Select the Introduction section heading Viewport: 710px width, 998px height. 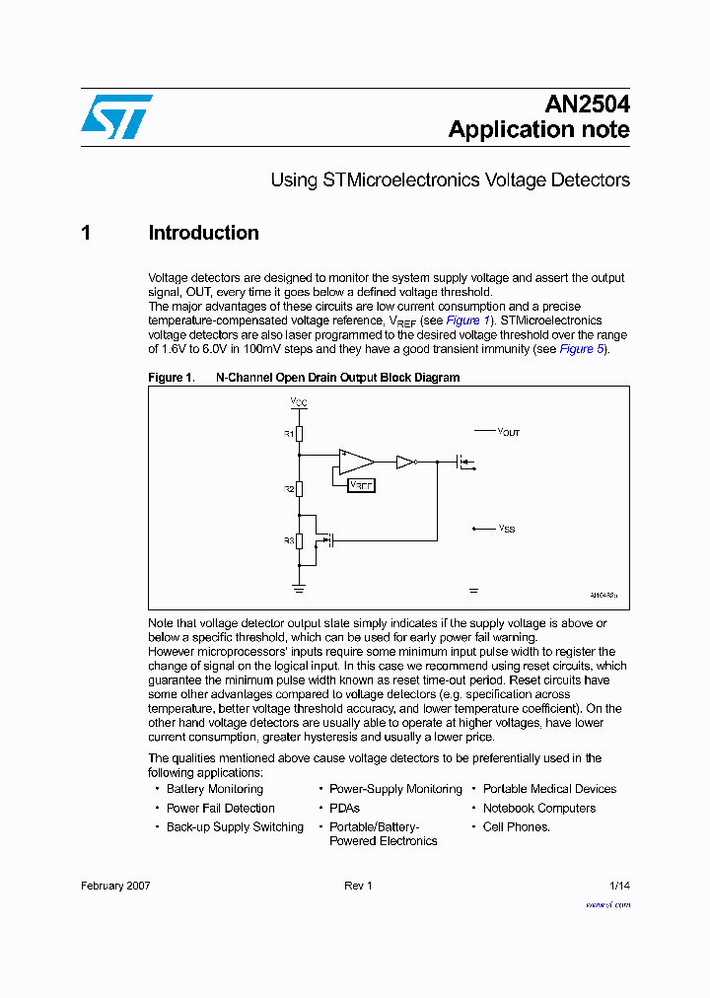[203, 233]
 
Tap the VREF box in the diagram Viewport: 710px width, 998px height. [362, 485]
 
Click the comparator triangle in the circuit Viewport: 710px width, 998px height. [355, 461]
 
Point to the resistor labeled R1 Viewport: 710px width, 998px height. [300, 434]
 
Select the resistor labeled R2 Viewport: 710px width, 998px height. [300, 488]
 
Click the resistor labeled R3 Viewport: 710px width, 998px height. [300, 540]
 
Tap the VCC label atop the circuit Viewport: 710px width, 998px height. [299, 402]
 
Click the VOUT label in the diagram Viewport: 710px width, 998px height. [508, 432]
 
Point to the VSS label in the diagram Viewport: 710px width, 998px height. [507, 530]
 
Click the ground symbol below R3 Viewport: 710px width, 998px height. [300, 588]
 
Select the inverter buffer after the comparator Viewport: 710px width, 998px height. [404, 461]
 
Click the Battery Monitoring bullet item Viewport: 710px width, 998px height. [214, 789]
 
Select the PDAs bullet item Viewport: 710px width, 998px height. [344, 808]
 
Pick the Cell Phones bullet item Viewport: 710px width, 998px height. [516, 826]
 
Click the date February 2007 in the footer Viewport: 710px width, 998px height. [115, 886]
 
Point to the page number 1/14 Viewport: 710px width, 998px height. [619, 886]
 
